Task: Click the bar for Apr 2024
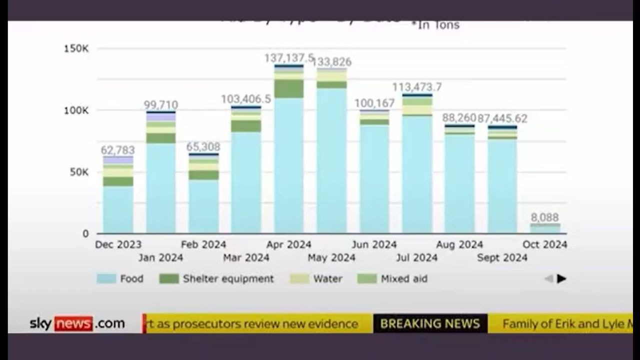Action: pyautogui.click(x=289, y=150)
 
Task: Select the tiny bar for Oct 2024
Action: pyautogui.click(x=545, y=228)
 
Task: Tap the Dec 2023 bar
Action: pyautogui.click(x=118, y=195)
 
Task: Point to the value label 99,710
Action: pyautogui.click(x=160, y=105)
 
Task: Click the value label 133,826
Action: pyautogui.click(x=331, y=62)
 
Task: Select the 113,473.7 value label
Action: pyautogui.click(x=417, y=87)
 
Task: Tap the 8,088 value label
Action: pyautogui.click(x=544, y=217)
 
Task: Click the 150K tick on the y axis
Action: pyautogui.click(x=76, y=48)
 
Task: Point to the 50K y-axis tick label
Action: pyautogui.click(x=78, y=172)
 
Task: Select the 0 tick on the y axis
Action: pyautogui.click(x=85, y=233)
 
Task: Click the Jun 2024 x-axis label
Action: pyautogui.click(x=374, y=244)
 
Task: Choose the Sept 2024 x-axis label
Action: pyautogui.click(x=502, y=257)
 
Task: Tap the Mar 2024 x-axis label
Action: pyautogui.click(x=246, y=257)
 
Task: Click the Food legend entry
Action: pyautogui.click(x=120, y=278)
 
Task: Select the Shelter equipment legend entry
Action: pyautogui.click(x=216, y=278)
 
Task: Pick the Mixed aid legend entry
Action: pyautogui.click(x=392, y=278)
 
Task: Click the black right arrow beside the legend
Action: pyautogui.click(x=561, y=278)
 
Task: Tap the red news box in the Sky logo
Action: pyautogui.click(x=73, y=323)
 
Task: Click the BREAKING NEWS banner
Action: pyautogui.click(x=430, y=323)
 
